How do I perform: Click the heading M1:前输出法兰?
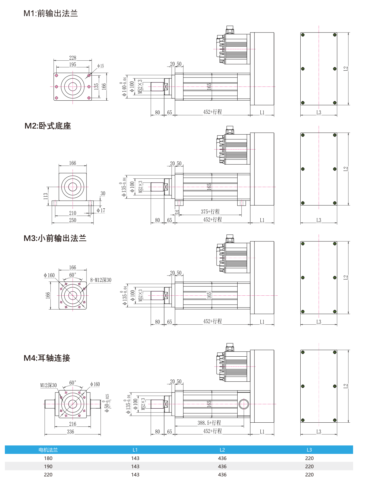[x=50, y=13]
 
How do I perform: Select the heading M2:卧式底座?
[x=48, y=126]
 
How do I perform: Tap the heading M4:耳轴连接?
[x=47, y=358]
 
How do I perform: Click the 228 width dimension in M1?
[x=72, y=58]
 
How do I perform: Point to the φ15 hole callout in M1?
[x=101, y=66]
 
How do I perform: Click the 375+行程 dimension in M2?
[x=210, y=212]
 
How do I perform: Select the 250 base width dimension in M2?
[x=72, y=220]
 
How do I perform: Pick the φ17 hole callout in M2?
[x=101, y=210]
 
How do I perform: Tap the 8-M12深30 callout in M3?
[x=101, y=280]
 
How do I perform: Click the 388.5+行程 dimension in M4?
[x=209, y=423]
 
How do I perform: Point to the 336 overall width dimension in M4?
[x=70, y=432]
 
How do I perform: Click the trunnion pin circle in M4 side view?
[x=243, y=404]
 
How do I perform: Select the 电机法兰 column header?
[x=48, y=450]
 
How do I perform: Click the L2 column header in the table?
[x=222, y=450]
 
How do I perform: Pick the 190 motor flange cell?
[x=48, y=466]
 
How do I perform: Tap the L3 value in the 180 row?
[x=309, y=458]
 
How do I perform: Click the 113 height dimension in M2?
[x=46, y=196]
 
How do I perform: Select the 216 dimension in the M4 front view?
[x=72, y=424]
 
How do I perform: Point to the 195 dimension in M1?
[x=72, y=65]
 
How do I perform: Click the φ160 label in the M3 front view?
[x=49, y=275]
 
